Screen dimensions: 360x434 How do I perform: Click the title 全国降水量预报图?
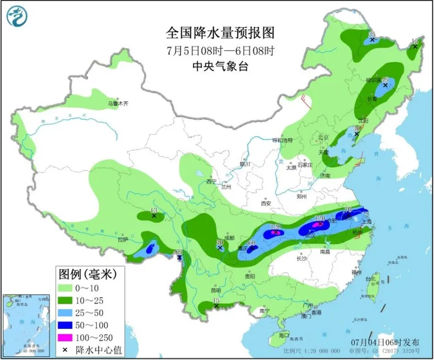(x=216, y=32)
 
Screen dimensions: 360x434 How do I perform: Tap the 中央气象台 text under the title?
(x=216, y=66)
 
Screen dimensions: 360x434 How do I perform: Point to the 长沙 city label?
(x=302, y=258)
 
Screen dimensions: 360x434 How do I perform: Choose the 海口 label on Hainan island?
(x=284, y=335)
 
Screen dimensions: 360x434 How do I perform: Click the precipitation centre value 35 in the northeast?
(x=371, y=35)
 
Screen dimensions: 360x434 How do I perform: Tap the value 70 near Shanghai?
(x=347, y=209)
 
